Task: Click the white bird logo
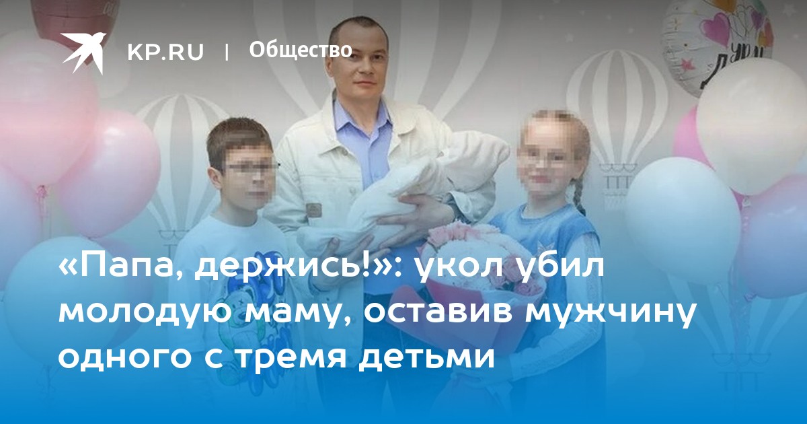(83, 51)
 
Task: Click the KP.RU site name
(165, 52)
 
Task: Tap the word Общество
(301, 50)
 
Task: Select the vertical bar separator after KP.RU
(227, 52)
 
